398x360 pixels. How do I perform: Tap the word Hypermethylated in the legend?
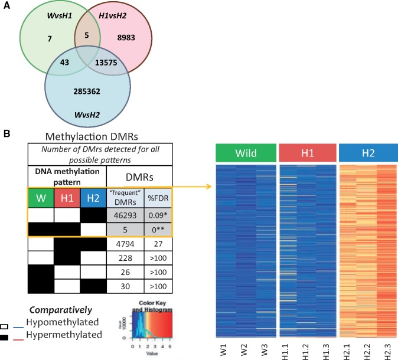(58, 335)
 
